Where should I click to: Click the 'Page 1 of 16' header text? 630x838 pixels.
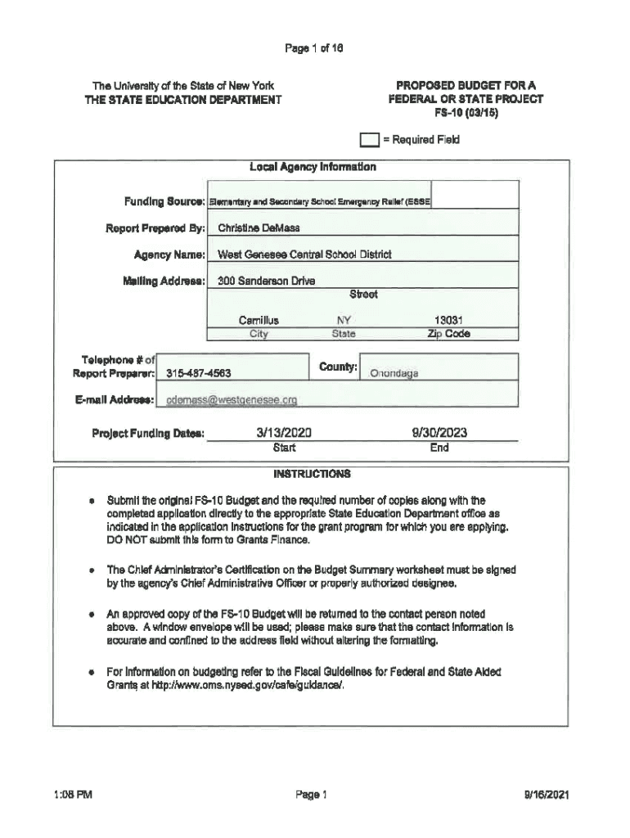point(314,48)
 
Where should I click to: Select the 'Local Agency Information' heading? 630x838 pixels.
point(313,167)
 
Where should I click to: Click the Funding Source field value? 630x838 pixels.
point(321,201)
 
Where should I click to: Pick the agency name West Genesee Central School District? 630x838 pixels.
point(304,255)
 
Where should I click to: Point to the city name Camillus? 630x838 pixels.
point(259,321)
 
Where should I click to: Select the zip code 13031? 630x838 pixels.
point(449,321)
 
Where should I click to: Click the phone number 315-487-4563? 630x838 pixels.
point(199,374)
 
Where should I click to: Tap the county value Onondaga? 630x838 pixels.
point(394,374)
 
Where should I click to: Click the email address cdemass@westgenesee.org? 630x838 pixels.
point(232,400)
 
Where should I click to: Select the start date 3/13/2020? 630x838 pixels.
point(285,433)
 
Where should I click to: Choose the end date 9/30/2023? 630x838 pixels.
point(439,433)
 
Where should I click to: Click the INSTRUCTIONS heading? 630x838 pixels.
point(313,474)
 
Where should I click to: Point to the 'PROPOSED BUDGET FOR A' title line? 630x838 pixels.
point(466,85)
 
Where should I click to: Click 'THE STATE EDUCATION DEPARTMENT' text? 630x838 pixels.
point(184,100)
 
